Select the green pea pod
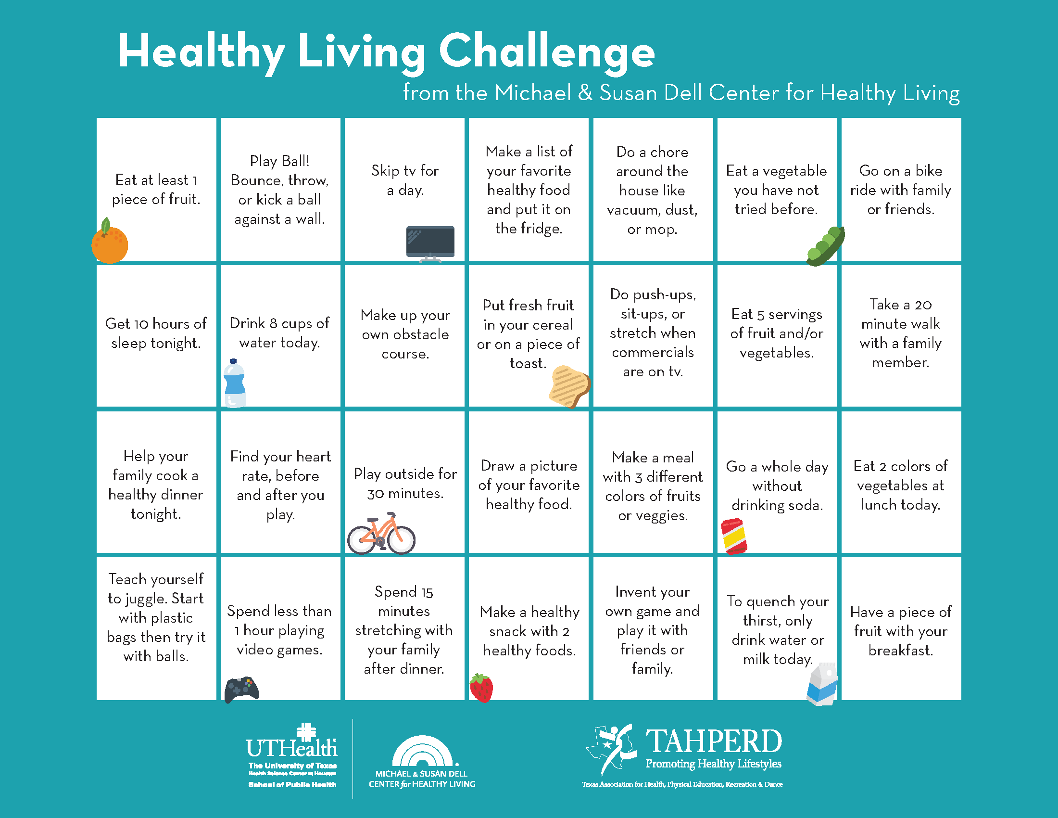(825, 246)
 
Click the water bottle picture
(235, 383)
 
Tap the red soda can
(734, 536)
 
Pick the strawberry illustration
(481, 688)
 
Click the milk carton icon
(822, 684)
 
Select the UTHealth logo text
(291, 748)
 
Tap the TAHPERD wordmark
(714, 741)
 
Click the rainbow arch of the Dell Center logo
(422, 751)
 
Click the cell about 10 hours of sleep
(156, 335)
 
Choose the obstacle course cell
(404, 335)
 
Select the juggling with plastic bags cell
(156, 628)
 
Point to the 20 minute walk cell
(901, 335)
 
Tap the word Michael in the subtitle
(533, 92)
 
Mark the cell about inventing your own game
(653, 628)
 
